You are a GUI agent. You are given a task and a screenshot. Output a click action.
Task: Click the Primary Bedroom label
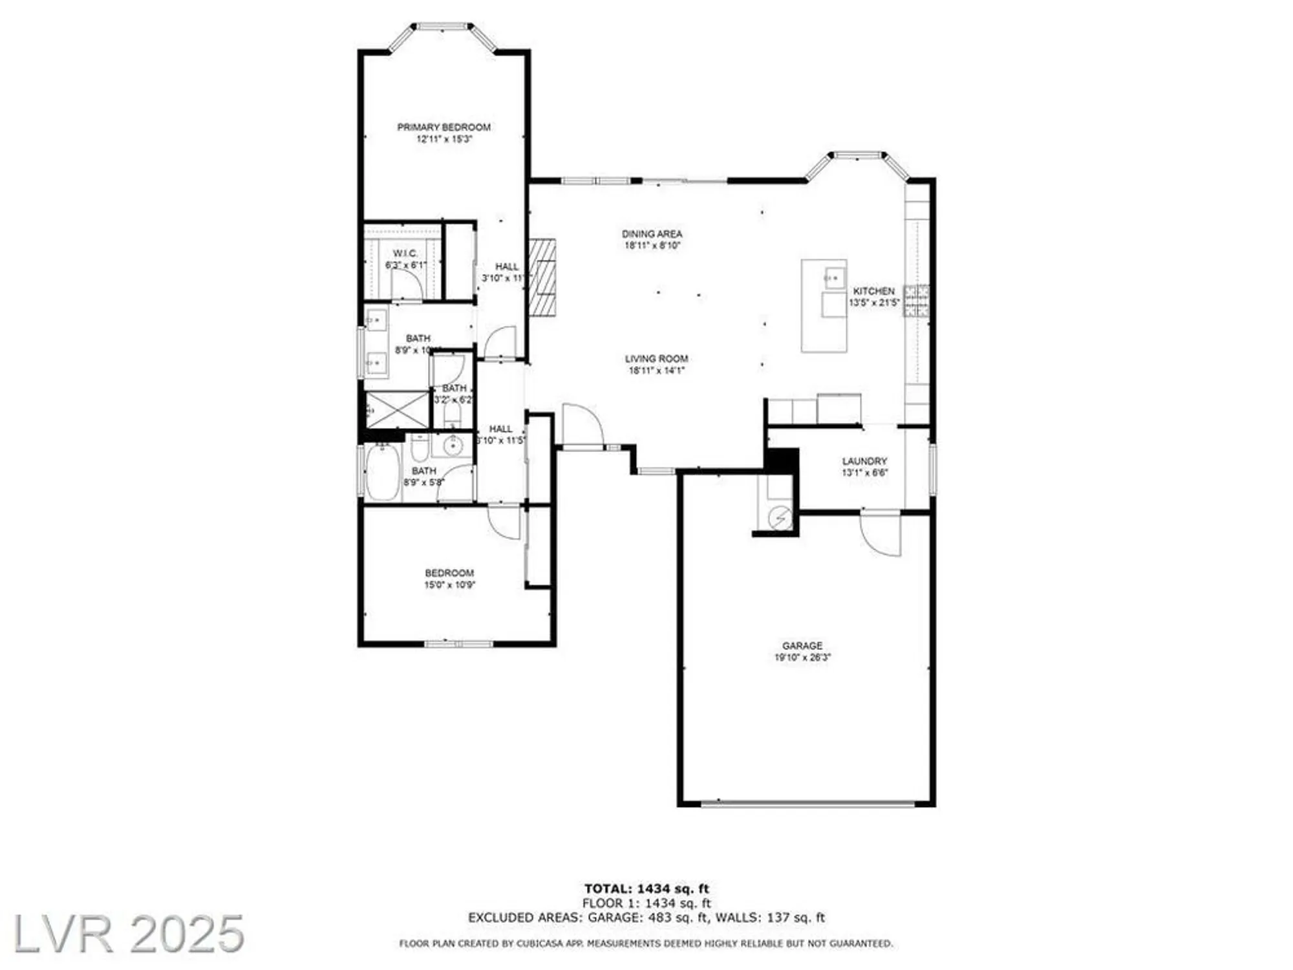(x=443, y=127)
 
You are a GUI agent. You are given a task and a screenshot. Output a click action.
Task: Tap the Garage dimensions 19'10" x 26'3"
(x=802, y=658)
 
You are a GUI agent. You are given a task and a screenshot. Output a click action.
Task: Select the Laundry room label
(x=864, y=461)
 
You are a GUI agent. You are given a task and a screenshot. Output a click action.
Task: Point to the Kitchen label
(x=873, y=291)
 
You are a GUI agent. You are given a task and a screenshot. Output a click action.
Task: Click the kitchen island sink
(x=834, y=278)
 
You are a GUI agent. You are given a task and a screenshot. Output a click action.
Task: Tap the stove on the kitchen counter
(x=916, y=301)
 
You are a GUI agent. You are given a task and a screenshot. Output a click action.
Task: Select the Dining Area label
(x=652, y=234)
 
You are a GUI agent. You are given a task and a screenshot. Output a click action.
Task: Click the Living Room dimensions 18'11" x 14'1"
(x=656, y=371)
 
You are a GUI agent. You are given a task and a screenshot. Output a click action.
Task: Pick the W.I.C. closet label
(x=405, y=253)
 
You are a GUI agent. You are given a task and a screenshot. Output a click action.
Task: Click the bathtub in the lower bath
(x=383, y=471)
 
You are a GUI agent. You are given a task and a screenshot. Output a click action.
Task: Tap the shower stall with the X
(x=397, y=409)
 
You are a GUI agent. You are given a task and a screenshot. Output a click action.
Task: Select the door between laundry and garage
(x=881, y=533)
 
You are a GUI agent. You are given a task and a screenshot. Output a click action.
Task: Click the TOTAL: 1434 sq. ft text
(x=646, y=889)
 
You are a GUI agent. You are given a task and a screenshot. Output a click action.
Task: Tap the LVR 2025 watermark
(x=128, y=934)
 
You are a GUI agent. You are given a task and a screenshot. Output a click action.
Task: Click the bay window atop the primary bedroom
(x=443, y=27)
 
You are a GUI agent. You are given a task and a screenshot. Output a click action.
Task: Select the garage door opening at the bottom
(x=807, y=804)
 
